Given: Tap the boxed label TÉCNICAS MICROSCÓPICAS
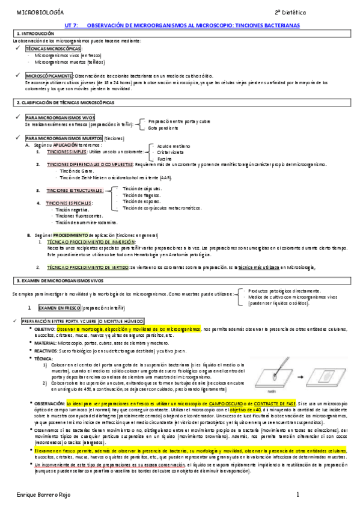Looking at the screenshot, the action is (52, 48).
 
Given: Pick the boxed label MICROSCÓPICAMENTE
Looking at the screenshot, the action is (48, 75).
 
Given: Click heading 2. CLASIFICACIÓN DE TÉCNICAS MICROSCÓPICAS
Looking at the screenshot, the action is (66, 103).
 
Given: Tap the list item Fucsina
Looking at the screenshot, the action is (165, 159).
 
